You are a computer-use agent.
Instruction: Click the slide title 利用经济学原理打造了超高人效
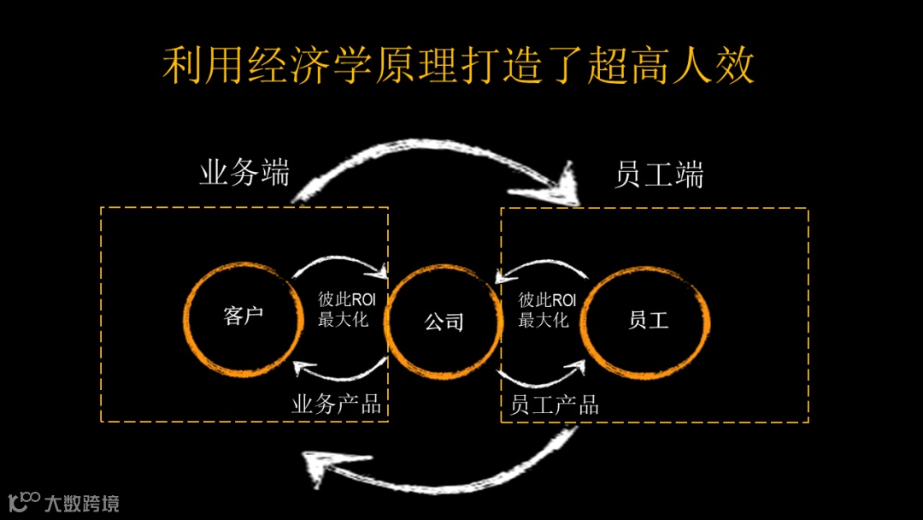(459, 66)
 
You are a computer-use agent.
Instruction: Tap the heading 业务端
(244, 174)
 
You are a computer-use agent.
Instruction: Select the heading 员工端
(659, 175)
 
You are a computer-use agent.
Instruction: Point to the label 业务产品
(337, 404)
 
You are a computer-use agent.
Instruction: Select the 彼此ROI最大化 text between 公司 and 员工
(548, 310)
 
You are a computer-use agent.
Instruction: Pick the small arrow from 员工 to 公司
(543, 267)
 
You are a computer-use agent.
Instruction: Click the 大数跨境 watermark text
(82, 503)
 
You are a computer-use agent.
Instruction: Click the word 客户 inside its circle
(244, 316)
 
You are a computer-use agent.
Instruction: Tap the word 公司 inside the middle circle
(444, 322)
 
